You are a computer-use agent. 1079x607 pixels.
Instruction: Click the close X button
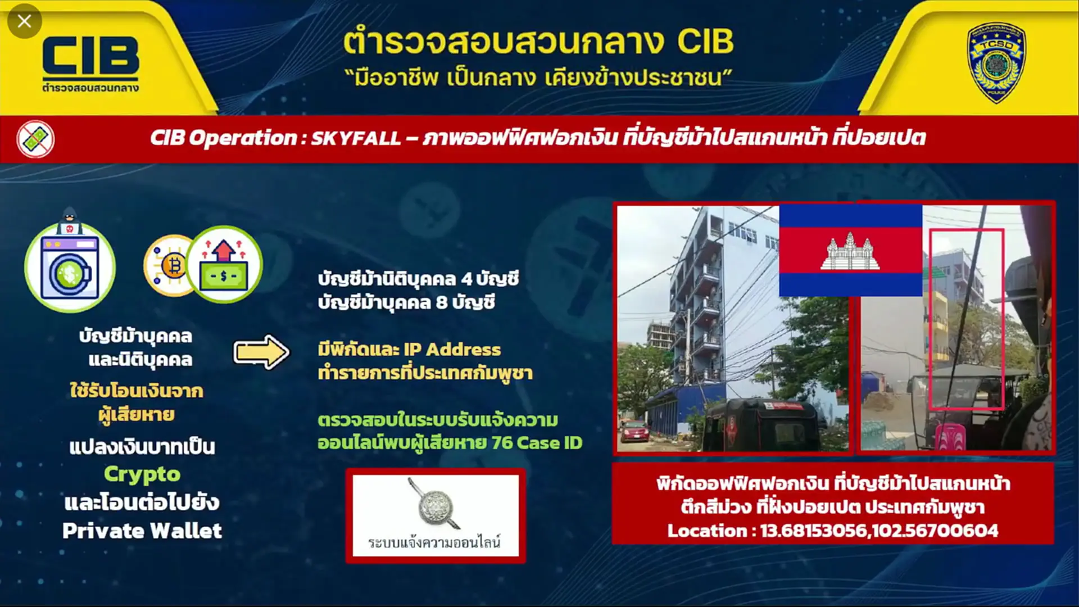(x=24, y=21)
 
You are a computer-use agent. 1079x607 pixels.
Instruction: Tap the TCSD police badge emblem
(x=996, y=62)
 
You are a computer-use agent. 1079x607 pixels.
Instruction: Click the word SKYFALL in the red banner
(x=356, y=138)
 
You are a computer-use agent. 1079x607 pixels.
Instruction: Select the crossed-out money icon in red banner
(x=35, y=139)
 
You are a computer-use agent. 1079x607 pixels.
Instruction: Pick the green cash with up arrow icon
(x=224, y=264)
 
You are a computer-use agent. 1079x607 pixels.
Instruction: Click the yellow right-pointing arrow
(x=261, y=352)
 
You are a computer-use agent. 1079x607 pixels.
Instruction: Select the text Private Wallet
(x=142, y=531)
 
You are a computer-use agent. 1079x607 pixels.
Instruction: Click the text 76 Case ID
(x=537, y=443)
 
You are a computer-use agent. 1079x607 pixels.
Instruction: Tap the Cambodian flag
(x=850, y=250)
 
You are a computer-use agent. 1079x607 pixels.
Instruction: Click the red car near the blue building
(x=634, y=431)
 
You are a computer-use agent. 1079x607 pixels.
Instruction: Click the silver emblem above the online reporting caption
(x=434, y=505)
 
